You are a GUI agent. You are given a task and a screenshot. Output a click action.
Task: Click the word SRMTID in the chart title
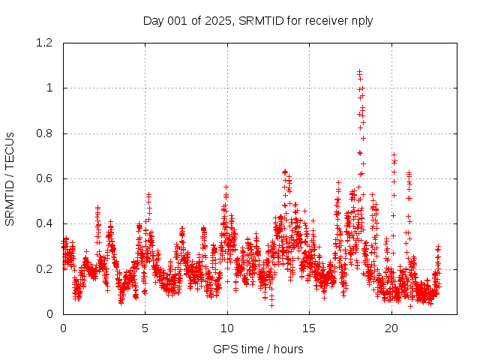coord(257,20)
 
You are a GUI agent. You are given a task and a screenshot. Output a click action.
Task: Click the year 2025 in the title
coord(218,20)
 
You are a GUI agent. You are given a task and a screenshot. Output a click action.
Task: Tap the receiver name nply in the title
coord(360,20)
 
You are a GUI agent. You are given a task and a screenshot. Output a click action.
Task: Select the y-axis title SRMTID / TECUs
coord(10,178)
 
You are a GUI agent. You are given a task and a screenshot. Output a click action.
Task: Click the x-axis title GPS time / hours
coord(258,349)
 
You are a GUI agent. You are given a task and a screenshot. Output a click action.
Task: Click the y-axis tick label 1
coord(49,88)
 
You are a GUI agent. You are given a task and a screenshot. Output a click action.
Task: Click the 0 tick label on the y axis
coord(49,313)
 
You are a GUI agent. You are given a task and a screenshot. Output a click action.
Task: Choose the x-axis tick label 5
coord(145,328)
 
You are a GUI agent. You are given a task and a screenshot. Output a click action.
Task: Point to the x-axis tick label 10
coord(227,328)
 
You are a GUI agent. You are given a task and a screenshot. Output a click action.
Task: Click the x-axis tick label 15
coord(310,328)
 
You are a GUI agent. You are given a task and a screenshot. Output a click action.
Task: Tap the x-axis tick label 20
coord(391,328)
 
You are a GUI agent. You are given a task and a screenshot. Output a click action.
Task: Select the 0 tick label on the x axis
coord(63,328)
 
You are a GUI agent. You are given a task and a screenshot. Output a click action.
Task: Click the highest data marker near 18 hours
coord(360,71)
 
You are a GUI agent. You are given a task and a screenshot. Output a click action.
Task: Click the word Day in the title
coord(154,20)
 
